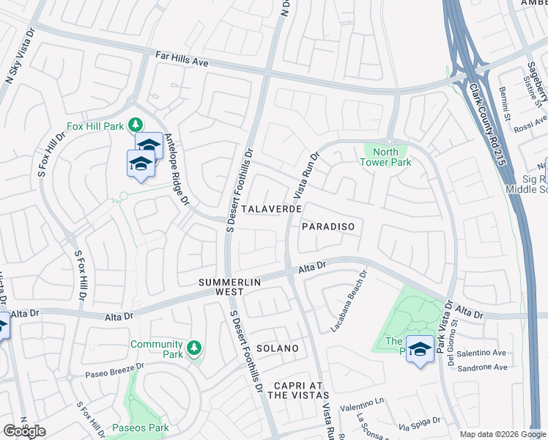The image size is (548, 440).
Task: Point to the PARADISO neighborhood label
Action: click(x=328, y=227)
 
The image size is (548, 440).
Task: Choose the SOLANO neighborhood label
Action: click(x=277, y=348)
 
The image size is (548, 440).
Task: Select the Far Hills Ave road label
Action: click(x=182, y=58)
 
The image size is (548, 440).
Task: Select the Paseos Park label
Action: click(x=141, y=428)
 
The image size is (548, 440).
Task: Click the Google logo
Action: click(x=24, y=431)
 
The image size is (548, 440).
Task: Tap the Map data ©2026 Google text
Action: click(x=502, y=434)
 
